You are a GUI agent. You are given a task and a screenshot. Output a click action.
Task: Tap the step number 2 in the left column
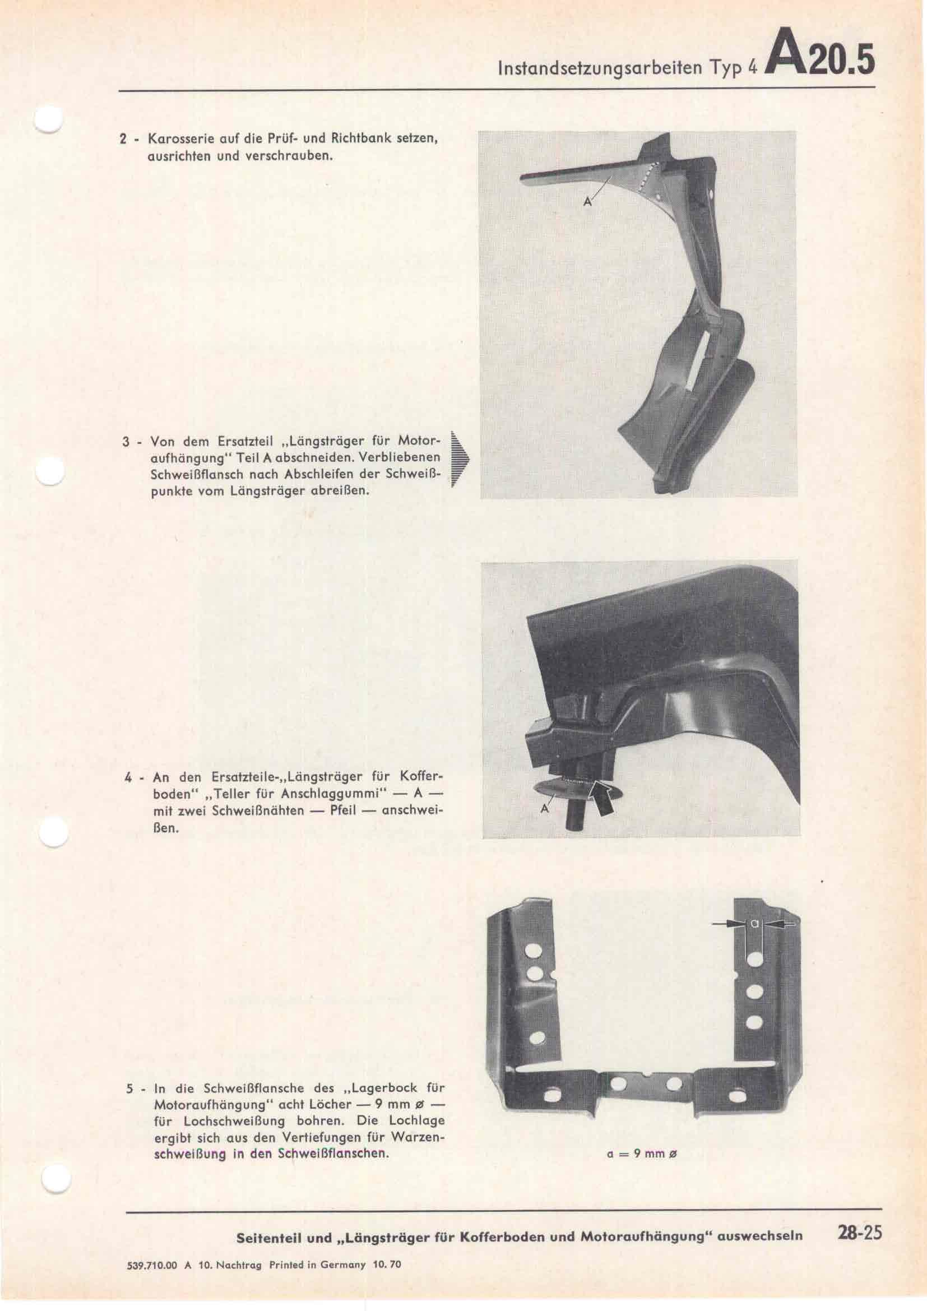[123, 139]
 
